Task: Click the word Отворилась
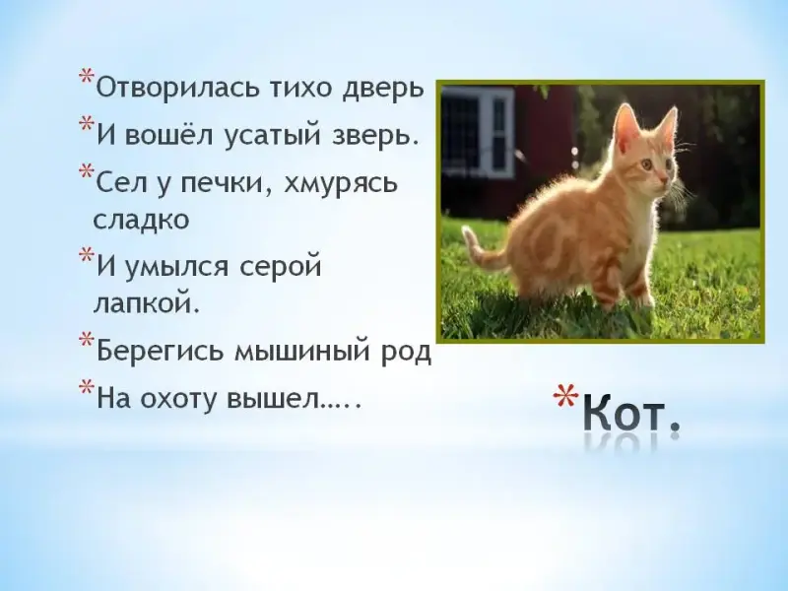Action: [175, 88]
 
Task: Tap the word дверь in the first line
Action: [384, 89]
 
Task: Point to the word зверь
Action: [375, 136]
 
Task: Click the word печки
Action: [224, 183]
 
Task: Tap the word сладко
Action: [141, 219]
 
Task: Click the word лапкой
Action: [146, 303]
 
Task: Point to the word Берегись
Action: [160, 351]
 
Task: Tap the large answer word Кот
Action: [631, 413]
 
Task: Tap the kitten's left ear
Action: [625, 126]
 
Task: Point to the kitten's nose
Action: [664, 179]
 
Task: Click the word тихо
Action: [298, 88]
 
